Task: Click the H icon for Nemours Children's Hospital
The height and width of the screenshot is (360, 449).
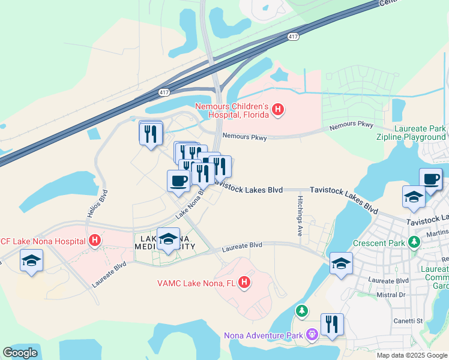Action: point(277,109)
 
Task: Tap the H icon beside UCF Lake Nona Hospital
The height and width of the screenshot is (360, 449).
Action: point(94,241)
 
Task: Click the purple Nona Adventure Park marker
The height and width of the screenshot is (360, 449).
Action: point(312,334)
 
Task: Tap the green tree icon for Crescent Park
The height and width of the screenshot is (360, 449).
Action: point(413,242)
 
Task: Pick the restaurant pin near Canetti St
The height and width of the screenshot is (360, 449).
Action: point(332,325)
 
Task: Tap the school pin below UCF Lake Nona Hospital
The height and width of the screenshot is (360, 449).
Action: point(31,261)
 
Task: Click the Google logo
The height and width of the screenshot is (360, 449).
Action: point(20,352)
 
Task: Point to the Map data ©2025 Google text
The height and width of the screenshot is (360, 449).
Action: point(411,355)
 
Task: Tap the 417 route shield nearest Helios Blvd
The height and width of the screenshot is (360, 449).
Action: point(164,92)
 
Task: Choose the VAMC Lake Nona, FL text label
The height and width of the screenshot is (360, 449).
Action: point(197,283)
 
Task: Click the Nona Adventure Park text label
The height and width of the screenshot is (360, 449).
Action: point(264,335)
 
